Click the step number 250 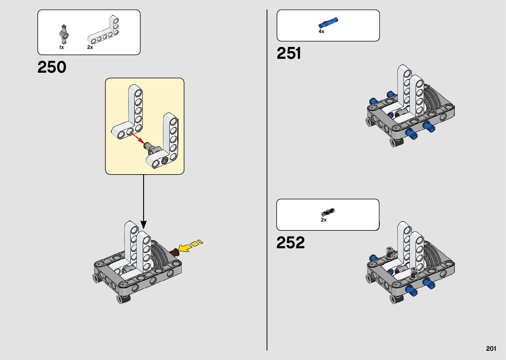(x=52, y=67)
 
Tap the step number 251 (x=289, y=53)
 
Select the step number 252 (x=291, y=243)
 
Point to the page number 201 (x=491, y=348)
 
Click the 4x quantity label (x=321, y=31)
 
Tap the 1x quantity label (x=61, y=47)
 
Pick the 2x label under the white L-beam (x=90, y=47)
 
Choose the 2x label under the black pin (x=324, y=220)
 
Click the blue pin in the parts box (x=328, y=23)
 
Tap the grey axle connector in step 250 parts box (x=64, y=34)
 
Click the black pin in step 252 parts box (x=328, y=212)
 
